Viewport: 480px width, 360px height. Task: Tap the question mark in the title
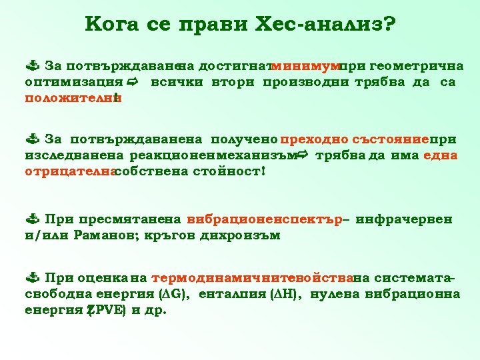[389, 25]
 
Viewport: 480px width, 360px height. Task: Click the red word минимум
[305, 67]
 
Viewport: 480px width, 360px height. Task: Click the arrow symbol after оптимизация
[133, 82]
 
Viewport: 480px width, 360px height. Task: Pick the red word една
[440, 155]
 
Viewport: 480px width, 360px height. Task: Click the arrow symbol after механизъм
[302, 155]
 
